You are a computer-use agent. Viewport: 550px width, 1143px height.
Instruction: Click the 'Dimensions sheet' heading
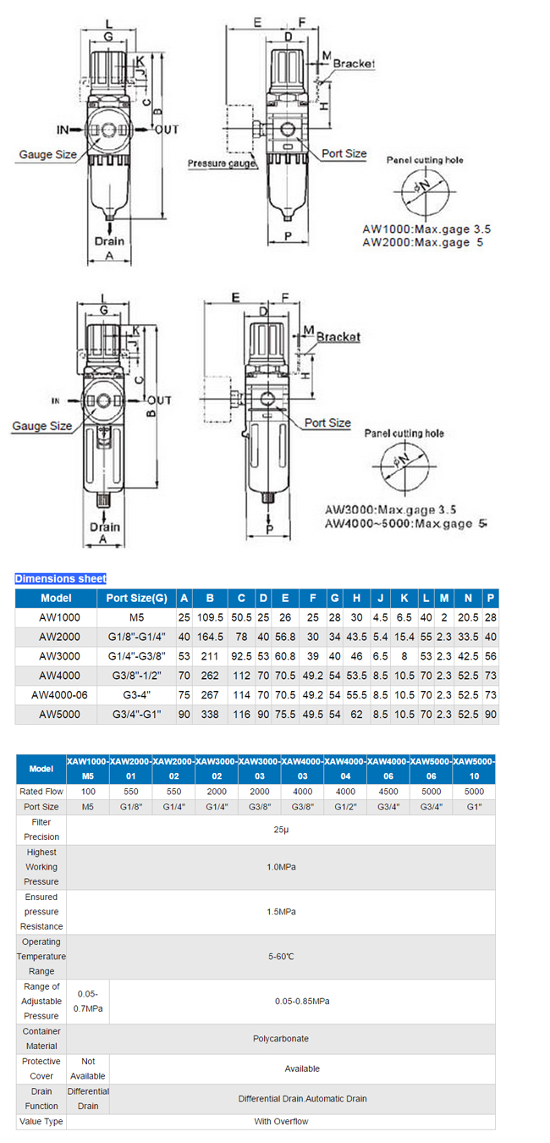(60, 578)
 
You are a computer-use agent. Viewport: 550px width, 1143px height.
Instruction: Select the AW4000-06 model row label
(57, 694)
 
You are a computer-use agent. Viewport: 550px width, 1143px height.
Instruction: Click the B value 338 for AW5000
(209, 714)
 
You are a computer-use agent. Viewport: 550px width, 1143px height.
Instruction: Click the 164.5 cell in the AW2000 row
(209, 637)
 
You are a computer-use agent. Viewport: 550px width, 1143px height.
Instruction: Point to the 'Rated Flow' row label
(41, 792)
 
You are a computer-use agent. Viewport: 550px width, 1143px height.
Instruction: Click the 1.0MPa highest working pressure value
(281, 867)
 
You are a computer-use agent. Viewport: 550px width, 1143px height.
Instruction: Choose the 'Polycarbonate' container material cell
(281, 1038)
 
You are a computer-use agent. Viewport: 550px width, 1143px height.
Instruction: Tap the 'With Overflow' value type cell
(281, 1121)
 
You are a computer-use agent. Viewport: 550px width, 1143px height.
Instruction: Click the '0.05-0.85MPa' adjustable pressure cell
(302, 1001)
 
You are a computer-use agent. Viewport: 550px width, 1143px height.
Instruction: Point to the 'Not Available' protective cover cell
(88, 1068)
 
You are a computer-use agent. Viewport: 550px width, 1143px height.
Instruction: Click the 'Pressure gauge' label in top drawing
(222, 163)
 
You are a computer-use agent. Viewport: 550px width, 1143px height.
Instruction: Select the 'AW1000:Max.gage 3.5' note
(426, 229)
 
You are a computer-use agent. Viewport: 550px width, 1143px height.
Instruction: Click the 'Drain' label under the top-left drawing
(110, 240)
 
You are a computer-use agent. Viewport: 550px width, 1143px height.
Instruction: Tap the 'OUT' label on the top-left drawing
(168, 130)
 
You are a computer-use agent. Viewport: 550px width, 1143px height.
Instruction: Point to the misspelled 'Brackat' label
(338, 336)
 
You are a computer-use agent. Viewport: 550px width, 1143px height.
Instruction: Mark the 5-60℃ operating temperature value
(281, 956)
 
